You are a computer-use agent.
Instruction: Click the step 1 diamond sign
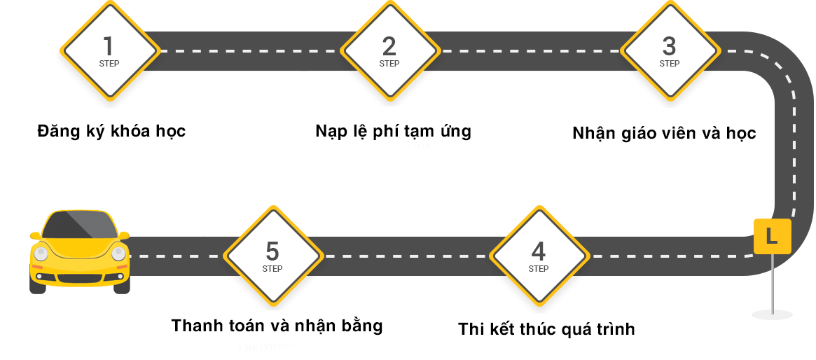[x=109, y=50]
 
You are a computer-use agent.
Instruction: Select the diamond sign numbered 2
[x=389, y=50]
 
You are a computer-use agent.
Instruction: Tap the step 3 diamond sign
[x=670, y=50]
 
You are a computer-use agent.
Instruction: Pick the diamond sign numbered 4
[x=539, y=256]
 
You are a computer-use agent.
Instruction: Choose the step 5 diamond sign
[x=272, y=256]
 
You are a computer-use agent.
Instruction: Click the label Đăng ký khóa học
[x=111, y=131]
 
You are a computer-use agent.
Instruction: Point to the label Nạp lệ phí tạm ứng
[x=394, y=131]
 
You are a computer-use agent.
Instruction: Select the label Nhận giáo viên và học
[x=664, y=133]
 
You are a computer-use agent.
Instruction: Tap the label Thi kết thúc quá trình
[x=546, y=329]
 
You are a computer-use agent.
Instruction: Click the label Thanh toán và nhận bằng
[x=277, y=326]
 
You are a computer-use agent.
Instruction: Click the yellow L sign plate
[x=773, y=236]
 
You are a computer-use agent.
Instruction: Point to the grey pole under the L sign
[x=773, y=284]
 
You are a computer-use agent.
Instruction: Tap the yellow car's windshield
[x=80, y=225]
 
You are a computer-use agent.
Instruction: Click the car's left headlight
[x=41, y=254]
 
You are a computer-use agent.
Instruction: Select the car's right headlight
[x=118, y=254]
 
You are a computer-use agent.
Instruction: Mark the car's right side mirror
[x=124, y=235]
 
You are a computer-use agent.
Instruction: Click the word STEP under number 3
[x=670, y=64]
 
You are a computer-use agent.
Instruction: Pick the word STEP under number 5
[x=272, y=269]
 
